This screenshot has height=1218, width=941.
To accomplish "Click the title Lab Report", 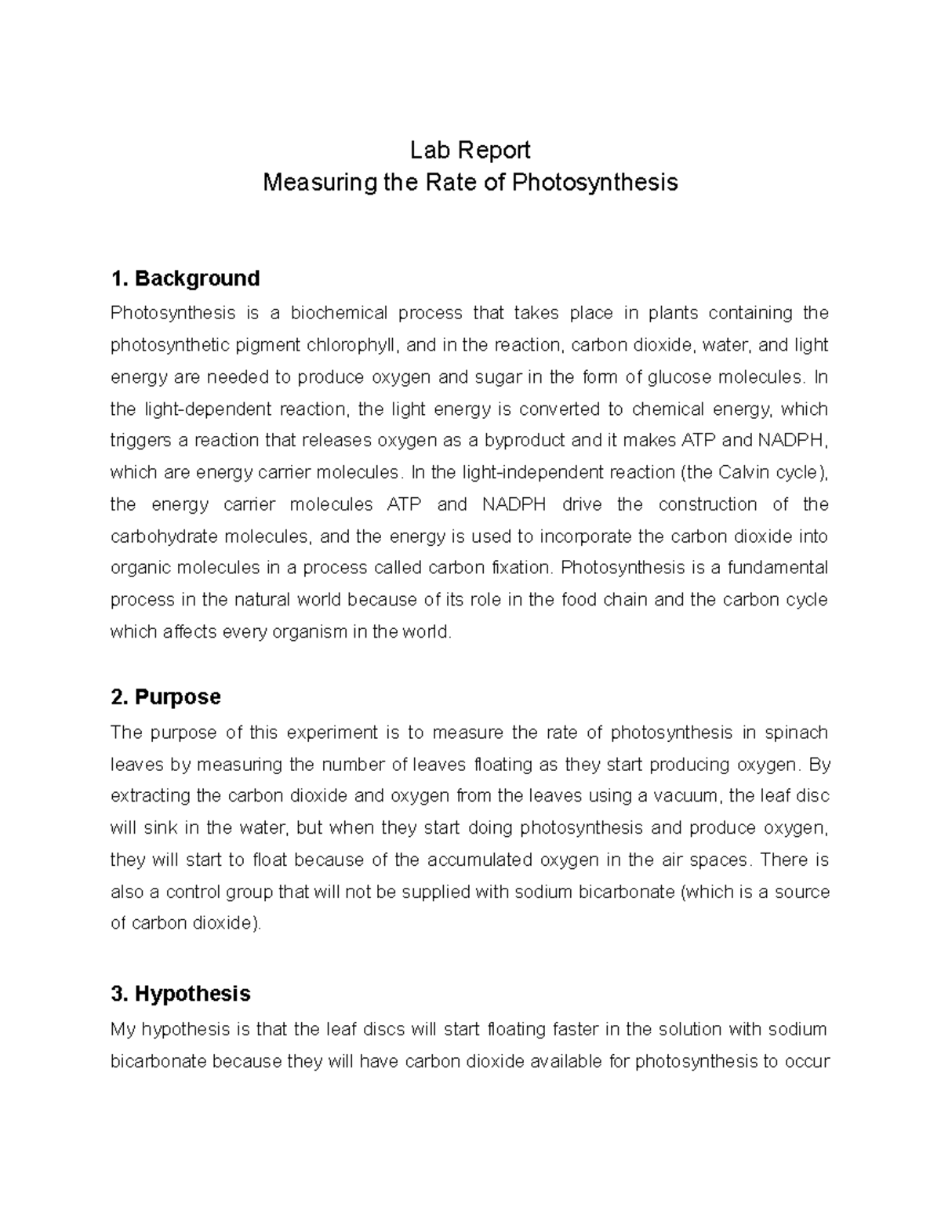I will coord(470,150).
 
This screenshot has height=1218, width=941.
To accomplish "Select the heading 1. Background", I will coord(185,278).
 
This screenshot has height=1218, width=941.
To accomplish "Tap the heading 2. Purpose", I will coord(165,696).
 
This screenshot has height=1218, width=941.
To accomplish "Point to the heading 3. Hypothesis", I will coord(180,994).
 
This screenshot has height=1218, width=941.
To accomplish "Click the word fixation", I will coord(519,568).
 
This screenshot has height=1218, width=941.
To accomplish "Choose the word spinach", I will coord(796,733).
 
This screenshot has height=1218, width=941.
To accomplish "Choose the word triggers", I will coord(140,441).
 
